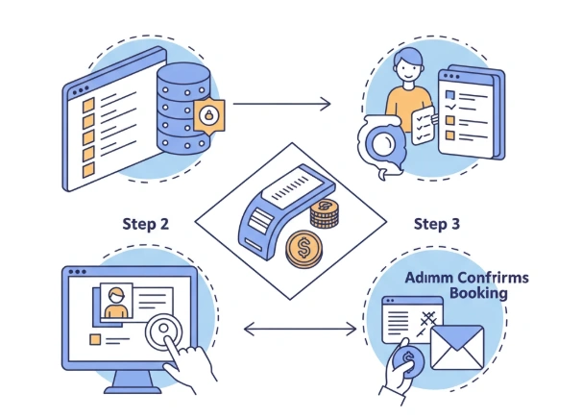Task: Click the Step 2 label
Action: coord(146,224)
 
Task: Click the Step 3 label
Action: coord(437,224)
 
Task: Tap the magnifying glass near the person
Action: coord(382,144)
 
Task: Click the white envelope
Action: coord(456,348)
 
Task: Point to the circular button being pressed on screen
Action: coord(166,330)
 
